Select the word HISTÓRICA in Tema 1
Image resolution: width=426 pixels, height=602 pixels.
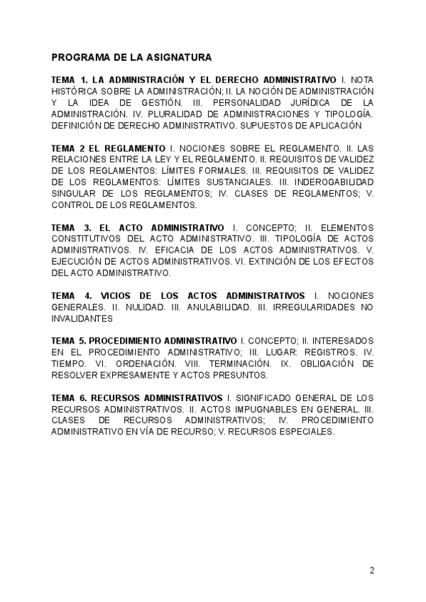coord(75,91)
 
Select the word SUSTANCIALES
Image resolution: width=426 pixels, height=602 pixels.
coord(221,182)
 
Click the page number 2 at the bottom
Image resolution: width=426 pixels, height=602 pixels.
coord(372,571)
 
